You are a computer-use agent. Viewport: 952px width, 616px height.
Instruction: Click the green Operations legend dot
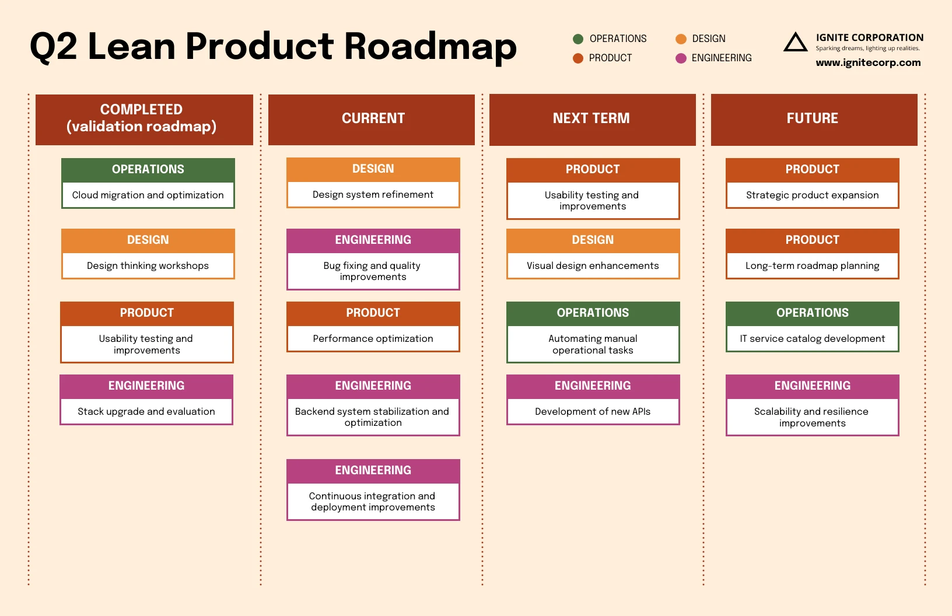pyautogui.click(x=578, y=39)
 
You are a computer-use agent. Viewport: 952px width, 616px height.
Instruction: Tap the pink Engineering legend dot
pyautogui.click(x=681, y=58)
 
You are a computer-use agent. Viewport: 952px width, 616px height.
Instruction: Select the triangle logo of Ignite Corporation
pyautogui.click(x=795, y=43)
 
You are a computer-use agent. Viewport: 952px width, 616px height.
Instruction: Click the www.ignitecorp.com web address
pyautogui.click(x=868, y=62)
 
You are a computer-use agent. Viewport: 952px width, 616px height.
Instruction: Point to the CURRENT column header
pyautogui.click(x=372, y=118)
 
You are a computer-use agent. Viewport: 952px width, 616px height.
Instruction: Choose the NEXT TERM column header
pyautogui.click(x=591, y=118)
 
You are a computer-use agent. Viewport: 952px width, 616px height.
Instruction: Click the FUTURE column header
pyautogui.click(x=813, y=118)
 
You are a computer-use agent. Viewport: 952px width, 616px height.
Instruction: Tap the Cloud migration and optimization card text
pyautogui.click(x=148, y=195)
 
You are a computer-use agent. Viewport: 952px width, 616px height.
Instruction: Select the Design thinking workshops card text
pyautogui.click(x=148, y=266)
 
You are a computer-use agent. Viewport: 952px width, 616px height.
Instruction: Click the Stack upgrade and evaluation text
pyautogui.click(x=146, y=412)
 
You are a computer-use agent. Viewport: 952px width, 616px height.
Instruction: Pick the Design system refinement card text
pyautogui.click(x=373, y=195)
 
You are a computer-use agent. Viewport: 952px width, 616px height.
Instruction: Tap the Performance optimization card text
pyautogui.click(x=373, y=339)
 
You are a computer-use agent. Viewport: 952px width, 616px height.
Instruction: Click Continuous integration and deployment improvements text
pyautogui.click(x=373, y=502)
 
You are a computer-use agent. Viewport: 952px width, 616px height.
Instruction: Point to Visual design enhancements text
pyautogui.click(x=593, y=266)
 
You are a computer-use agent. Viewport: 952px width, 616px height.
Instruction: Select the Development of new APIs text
pyautogui.click(x=593, y=412)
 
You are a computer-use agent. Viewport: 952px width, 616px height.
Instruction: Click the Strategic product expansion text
pyautogui.click(x=812, y=195)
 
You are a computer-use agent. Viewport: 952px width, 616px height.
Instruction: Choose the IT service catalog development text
pyautogui.click(x=812, y=339)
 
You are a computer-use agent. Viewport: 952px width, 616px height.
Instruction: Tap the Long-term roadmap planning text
pyautogui.click(x=812, y=266)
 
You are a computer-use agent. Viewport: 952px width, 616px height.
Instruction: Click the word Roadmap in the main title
pyautogui.click(x=430, y=47)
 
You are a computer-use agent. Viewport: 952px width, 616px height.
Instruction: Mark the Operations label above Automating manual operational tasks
pyautogui.click(x=593, y=313)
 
